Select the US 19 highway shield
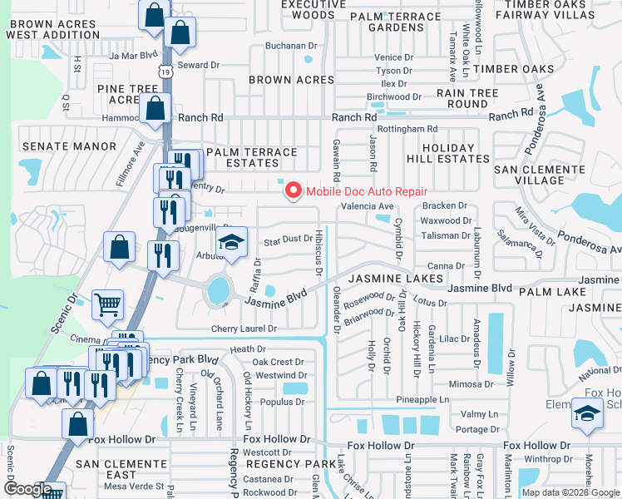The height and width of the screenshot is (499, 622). pyautogui.click(x=168, y=73)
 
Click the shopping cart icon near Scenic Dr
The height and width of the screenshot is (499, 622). pyautogui.click(x=108, y=304)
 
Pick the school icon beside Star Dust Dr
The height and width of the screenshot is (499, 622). pyautogui.click(x=232, y=242)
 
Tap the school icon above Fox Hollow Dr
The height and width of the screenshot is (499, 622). pyautogui.click(x=587, y=413)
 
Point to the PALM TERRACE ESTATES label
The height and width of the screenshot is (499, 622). pyautogui.click(x=251, y=158)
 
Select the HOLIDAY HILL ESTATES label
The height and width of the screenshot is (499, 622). pyautogui.click(x=441, y=153)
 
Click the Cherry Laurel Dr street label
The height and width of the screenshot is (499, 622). pyautogui.click(x=243, y=329)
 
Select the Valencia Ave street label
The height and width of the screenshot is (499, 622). pyautogui.click(x=367, y=206)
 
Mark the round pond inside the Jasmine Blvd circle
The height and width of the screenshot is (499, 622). pyautogui.click(x=218, y=290)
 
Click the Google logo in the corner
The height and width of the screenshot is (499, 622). pyautogui.click(x=27, y=489)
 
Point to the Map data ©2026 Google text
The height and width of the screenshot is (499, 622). pyautogui.click(x=571, y=492)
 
